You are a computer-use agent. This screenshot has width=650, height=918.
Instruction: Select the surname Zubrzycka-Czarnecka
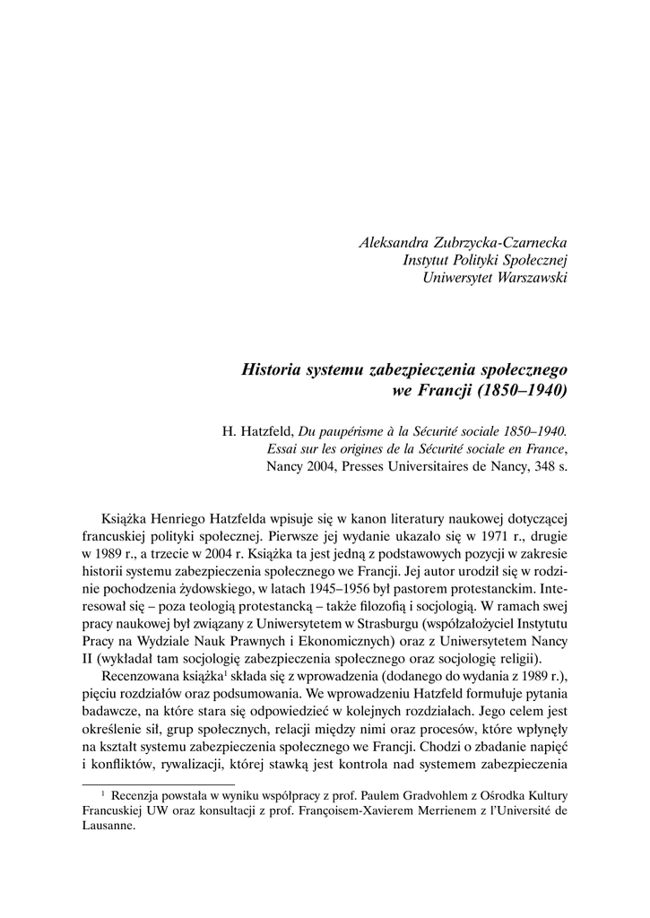tap(503, 243)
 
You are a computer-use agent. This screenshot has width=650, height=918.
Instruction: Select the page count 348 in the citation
tap(533, 466)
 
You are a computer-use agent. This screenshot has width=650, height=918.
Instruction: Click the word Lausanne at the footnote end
tap(108, 827)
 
